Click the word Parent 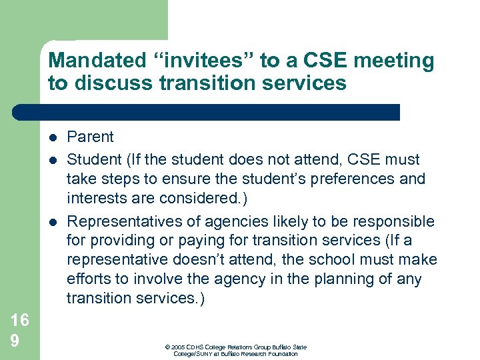[x=91, y=137]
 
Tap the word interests [x=95, y=199]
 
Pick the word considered [x=194, y=199]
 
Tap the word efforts [x=89, y=279]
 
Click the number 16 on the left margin [x=19, y=320]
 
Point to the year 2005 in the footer [x=178, y=347]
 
